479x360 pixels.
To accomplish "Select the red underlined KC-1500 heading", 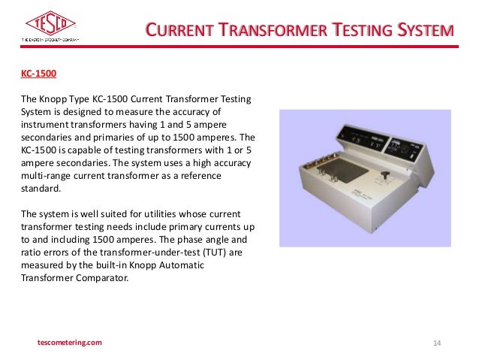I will coord(38,74).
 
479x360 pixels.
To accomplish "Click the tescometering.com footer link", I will coord(68,343).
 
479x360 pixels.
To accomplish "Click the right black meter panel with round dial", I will coord(408,147).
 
